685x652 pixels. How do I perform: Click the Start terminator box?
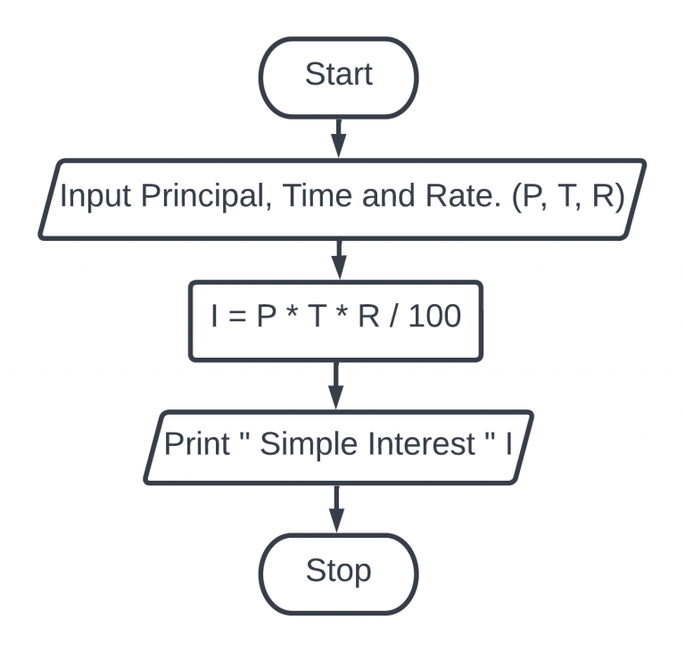tap(338, 77)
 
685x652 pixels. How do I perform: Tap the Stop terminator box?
tap(338, 571)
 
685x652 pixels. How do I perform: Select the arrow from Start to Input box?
tap(338, 137)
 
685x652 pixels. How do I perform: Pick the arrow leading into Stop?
tap(337, 508)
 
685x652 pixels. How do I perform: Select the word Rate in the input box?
tap(457, 196)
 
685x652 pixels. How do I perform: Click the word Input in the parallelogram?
tap(95, 196)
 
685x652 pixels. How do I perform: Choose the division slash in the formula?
tap(393, 318)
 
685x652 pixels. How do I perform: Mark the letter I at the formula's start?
tap(216, 318)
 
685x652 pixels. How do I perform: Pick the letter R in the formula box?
tap(368, 318)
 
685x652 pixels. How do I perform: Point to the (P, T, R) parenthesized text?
tap(569, 196)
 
